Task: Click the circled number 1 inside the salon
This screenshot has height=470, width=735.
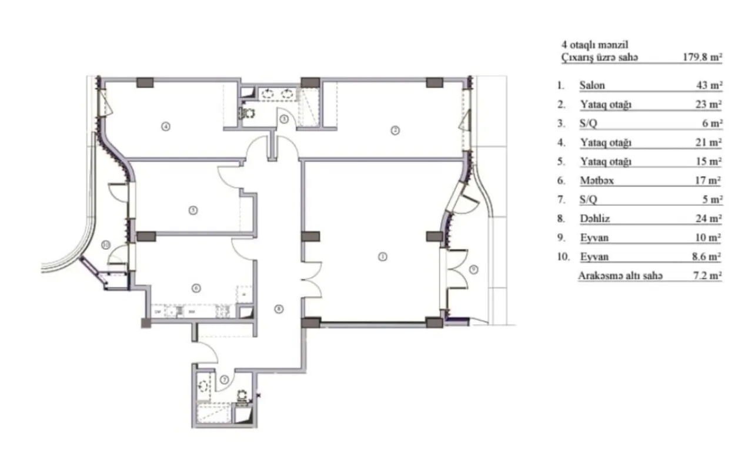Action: tap(382, 256)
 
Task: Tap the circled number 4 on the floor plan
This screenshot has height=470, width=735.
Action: tap(166, 126)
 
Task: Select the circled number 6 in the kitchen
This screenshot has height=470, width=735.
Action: tap(196, 288)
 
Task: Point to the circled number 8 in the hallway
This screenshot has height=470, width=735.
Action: tap(279, 308)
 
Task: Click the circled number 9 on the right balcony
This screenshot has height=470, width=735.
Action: tap(475, 270)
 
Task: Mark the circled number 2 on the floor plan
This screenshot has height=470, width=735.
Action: tap(396, 130)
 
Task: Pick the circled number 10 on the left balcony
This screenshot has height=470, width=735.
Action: tap(105, 245)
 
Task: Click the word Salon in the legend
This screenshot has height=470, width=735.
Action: tap(592, 85)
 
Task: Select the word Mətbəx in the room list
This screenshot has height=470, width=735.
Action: tap(596, 181)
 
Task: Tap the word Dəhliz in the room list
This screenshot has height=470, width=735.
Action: tap(593, 219)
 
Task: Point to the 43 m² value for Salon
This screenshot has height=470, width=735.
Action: tap(709, 85)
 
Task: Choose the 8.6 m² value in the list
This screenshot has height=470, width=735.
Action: tap(706, 257)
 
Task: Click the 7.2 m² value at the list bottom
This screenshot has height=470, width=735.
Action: tap(706, 276)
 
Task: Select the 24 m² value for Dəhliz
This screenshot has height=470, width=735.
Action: tap(709, 219)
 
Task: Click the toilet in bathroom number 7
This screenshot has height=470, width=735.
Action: tap(241, 396)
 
